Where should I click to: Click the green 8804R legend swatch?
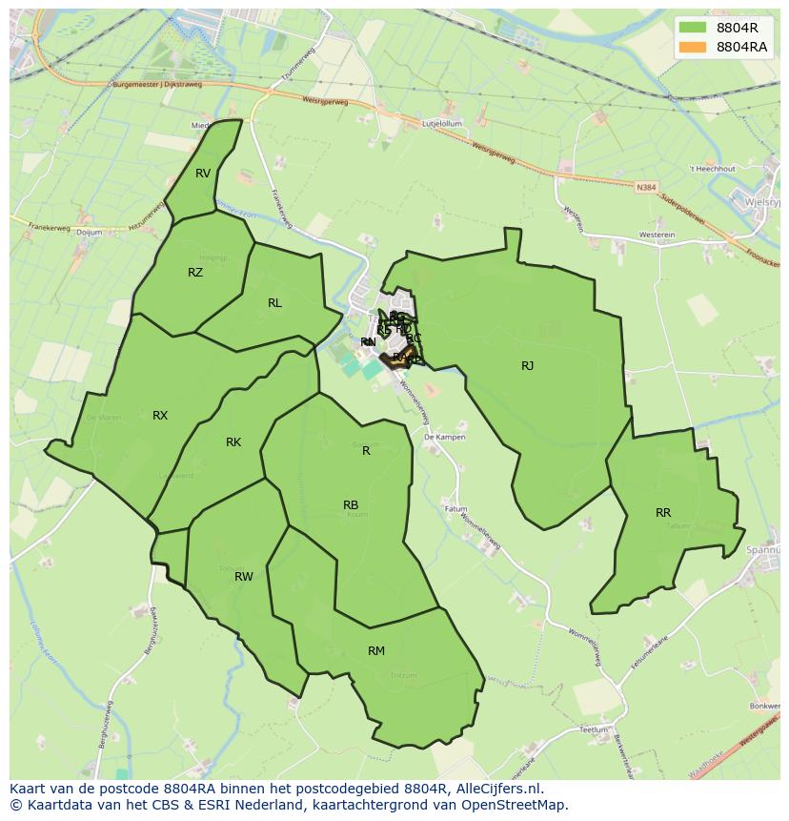(693, 28)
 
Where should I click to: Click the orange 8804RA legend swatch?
(693, 47)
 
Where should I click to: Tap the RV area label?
(203, 174)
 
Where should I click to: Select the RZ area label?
(195, 273)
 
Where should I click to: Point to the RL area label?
(274, 303)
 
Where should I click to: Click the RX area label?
(160, 416)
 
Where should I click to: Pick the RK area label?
(233, 442)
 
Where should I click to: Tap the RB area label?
(351, 505)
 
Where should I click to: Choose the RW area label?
(244, 577)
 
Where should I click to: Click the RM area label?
(376, 651)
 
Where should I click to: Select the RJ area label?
(527, 366)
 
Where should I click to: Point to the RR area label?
(663, 513)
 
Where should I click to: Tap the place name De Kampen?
(444, 437)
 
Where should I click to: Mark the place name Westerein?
(657, 235)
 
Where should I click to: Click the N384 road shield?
(647, 188)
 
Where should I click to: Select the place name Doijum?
(89, 232)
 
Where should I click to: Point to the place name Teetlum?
(593, 729)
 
